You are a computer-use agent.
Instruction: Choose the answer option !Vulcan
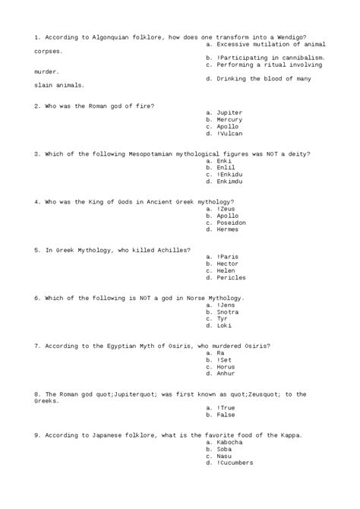click(x=229, y=133)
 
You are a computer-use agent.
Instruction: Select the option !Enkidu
click(x=229, y=175)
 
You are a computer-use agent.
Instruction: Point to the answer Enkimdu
click(x=229, y=182)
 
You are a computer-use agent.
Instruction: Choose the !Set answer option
click(x=226, y=360)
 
